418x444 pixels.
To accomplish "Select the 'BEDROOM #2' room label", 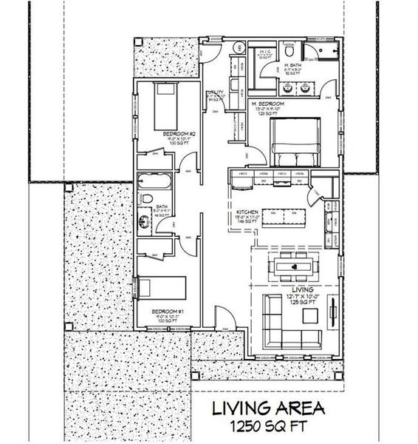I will click(x=175, y=134).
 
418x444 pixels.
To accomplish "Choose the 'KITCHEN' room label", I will click(x=246, y=212).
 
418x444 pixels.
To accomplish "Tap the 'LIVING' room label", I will click(x=303, y=289).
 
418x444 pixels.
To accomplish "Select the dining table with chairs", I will click(x=294, y=265).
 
